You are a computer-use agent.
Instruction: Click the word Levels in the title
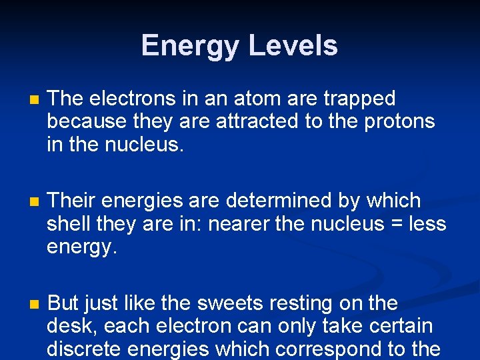293,46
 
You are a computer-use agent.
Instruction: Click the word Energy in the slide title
191,46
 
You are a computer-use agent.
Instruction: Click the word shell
69,224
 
